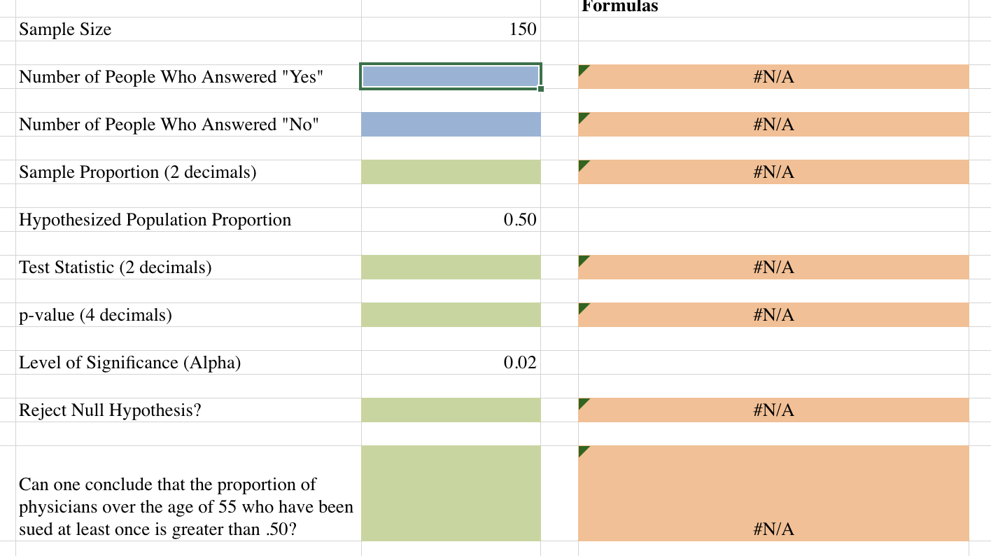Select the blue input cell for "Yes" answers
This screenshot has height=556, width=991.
[450, 76]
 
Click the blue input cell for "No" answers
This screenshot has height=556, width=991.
[451, 125]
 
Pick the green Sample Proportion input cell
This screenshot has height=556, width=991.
[451, 172]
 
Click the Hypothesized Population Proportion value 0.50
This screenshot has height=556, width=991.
[519, 220]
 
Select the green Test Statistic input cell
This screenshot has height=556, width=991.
[451, 267]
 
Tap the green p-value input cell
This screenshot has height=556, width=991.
[451, 315]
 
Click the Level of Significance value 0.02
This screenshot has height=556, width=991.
[519, 363]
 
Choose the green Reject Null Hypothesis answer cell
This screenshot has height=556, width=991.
[451, 410]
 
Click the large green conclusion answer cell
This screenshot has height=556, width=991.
[451, 493]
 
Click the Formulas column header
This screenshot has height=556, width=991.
[619, 6]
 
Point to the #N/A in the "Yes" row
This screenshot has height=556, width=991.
[773, 77]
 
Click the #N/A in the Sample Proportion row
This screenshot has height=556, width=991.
[773, 172]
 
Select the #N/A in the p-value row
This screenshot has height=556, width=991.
[773, 315]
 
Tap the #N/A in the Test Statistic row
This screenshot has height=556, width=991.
[773, 267]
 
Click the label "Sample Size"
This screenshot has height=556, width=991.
[65, 29]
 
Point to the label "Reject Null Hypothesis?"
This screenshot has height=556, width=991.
[110, 410]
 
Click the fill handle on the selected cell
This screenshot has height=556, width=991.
[540, 89]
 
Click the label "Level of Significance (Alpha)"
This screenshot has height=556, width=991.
[129, 363]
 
